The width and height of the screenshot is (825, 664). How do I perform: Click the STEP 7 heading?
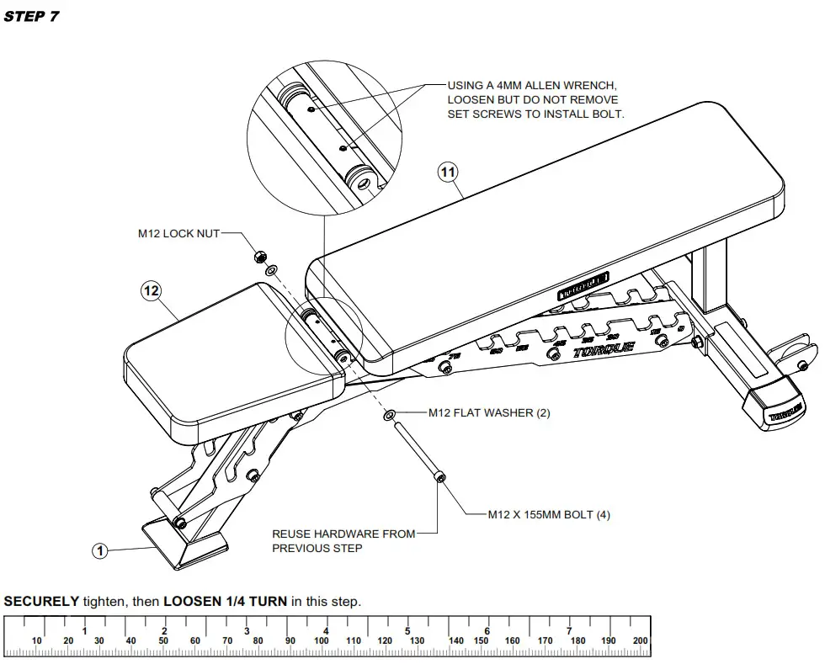[31, 16]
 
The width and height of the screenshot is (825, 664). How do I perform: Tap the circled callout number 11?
[448, 172]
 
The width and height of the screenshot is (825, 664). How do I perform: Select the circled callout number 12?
[151, 291]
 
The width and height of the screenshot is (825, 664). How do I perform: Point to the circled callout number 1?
[100, 551]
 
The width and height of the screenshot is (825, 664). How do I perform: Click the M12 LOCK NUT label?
[178, 233]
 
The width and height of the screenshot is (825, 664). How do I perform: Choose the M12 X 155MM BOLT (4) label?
[549, 515]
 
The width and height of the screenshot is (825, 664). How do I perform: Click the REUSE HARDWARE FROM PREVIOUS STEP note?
[343, 541]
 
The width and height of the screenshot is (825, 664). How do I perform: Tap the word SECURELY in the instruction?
[41, 602]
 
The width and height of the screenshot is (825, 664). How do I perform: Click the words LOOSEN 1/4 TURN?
[225, 602]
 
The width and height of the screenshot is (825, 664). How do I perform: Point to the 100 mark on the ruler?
[321, 641]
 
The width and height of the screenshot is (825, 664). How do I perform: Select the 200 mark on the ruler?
[640, 641]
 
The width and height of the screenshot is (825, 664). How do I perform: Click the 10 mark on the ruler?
[36, 641]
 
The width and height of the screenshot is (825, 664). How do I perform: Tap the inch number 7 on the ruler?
[569, 630]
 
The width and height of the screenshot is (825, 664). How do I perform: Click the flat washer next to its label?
[389, 417]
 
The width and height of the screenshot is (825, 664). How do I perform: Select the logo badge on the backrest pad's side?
[583, 288]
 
